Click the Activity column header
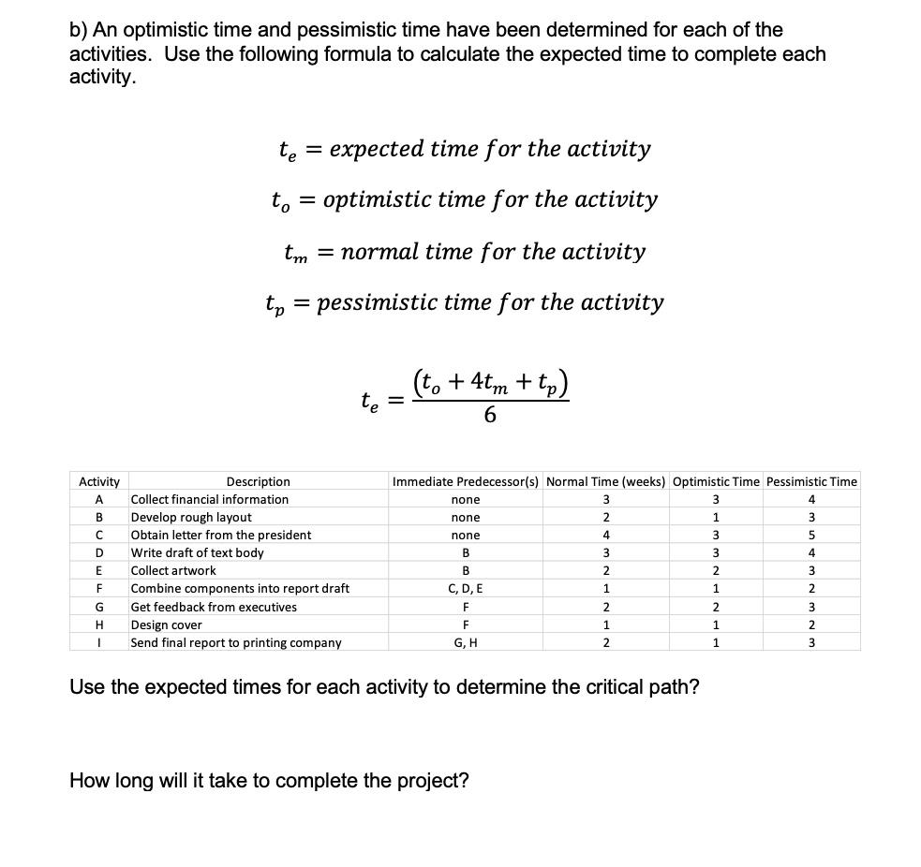click(x=98, y=481)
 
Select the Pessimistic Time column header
click(x=811, y=481)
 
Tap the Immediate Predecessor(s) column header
click(x=466, y=481)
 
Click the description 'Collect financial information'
click(x=209, y=499)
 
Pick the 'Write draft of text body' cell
click(x=197, y=552)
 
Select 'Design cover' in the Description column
click(x=166, y=625)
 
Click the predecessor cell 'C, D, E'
click(x=466, y=589)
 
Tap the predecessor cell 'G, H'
click(x=466, y=642)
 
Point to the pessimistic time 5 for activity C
click(x=811, y=535)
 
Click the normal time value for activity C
click(x=606, y=535)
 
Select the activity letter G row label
click(x=98, y=607)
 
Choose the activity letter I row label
click(x=98, y=642)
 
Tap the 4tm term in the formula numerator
click(x=493, y=383)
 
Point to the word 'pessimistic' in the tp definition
click(x=377, y=302)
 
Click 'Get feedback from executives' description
click(x=214, y=607)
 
